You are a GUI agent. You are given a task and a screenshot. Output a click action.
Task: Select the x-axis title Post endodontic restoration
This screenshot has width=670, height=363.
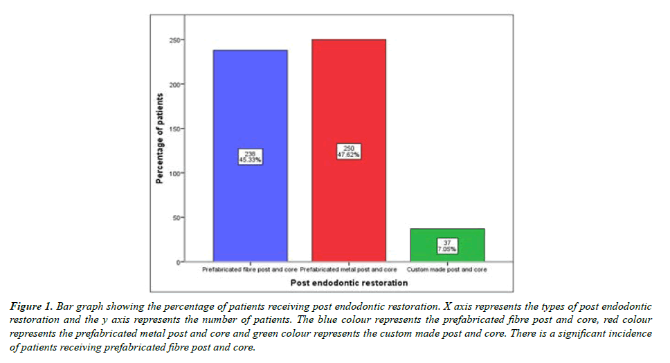(349, 283)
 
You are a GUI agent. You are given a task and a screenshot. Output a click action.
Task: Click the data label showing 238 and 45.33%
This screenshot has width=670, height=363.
(250, 156)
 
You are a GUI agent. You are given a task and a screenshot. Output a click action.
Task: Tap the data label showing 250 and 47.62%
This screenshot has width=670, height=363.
(348, 152)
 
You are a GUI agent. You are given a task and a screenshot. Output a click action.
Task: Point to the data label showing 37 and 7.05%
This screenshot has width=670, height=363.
(447, 245)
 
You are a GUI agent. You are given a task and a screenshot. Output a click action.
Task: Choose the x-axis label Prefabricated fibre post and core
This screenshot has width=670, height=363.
(250, 270)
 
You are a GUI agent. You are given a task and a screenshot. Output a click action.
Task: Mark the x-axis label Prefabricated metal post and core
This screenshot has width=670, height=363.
(348, 270)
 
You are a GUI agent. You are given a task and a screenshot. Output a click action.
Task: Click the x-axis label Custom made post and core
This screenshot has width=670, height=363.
(447, 270)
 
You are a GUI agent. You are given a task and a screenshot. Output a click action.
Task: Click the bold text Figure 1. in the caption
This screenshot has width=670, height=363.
(33, 305)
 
